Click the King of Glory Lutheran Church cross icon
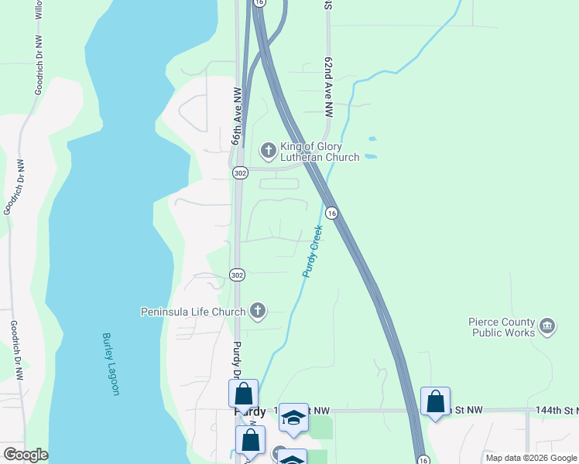(268, 150)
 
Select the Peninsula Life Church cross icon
(258, 312)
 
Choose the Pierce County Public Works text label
(502, 327)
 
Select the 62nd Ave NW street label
(330, 86)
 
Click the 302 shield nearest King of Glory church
(240, 173)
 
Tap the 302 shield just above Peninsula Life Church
(237, 275)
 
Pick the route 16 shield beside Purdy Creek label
(331, 213)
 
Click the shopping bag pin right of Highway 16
(435, 401)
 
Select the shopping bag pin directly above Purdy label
(243, 393)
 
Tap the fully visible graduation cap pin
(293, 418)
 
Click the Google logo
(26, 455)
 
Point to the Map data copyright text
(530, 458)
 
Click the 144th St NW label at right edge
(556, 410)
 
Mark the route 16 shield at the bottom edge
(419, 459)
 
